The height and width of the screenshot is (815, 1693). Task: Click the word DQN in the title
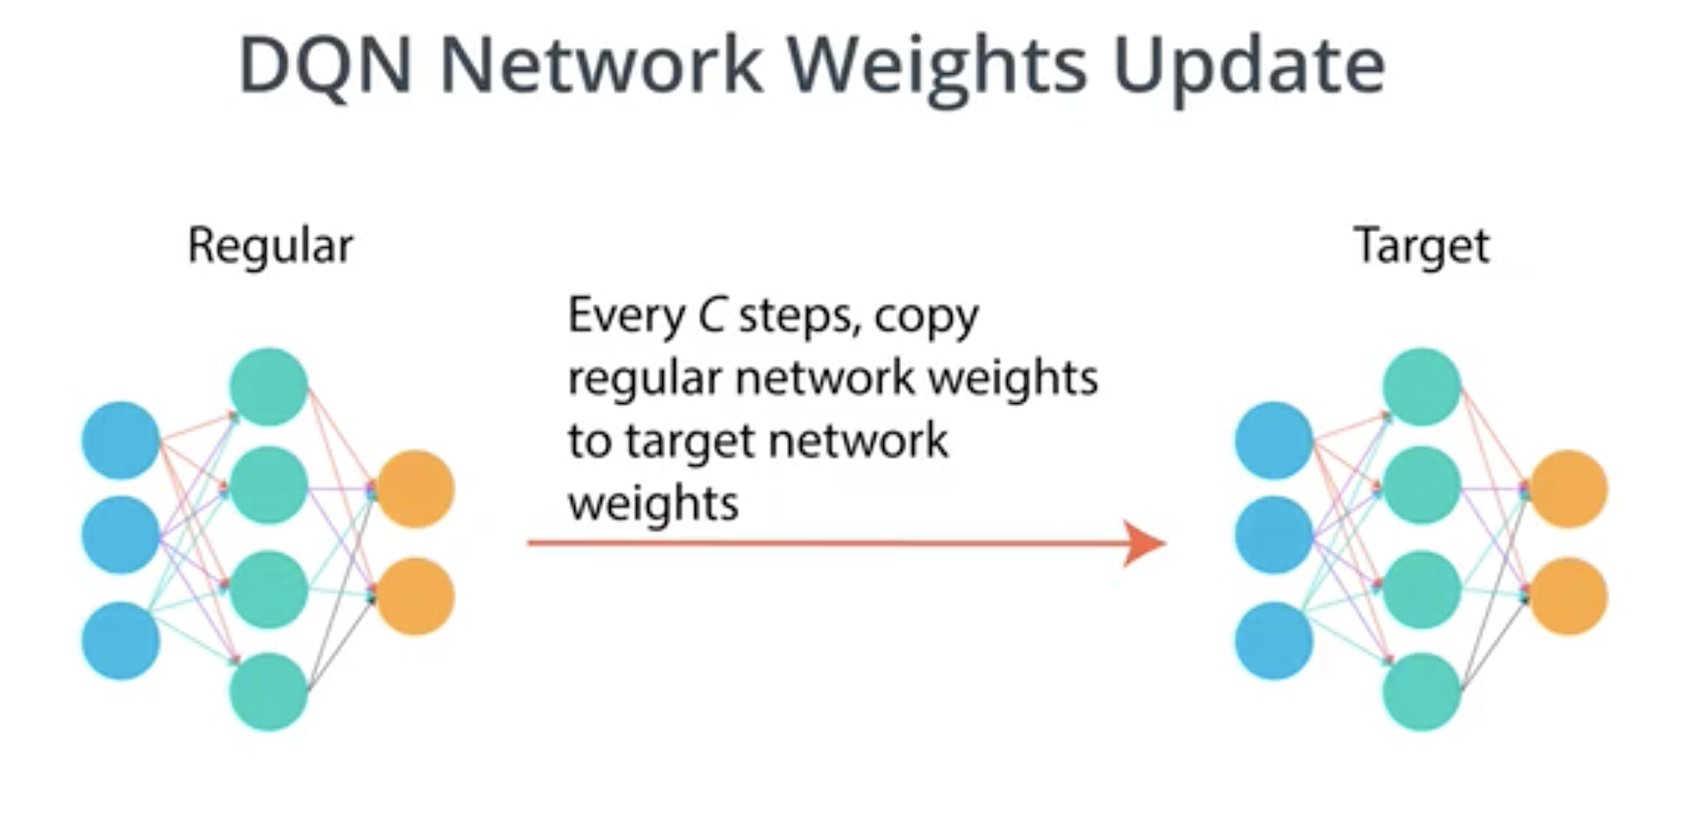325,65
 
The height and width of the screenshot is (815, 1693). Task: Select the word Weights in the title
937,69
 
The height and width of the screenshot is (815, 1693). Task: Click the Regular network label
271,247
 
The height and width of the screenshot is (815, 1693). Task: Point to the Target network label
1422,247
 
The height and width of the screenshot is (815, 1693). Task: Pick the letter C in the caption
711,315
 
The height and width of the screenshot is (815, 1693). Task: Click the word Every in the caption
626,317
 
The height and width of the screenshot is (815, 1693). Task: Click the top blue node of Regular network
120,440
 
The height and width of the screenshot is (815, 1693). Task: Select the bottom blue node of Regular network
120,640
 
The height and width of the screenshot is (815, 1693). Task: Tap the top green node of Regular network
268,387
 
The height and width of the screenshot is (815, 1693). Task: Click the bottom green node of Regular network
268,691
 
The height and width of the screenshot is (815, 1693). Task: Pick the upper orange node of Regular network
415,489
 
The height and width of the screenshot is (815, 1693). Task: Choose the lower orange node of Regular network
415,597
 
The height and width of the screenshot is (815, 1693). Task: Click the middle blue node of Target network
1274,535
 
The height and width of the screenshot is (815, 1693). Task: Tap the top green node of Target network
1422,387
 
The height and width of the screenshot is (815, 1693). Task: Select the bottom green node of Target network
1422,691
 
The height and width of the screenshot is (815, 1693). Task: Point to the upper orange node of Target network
1569,489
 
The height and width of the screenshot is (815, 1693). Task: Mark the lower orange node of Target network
1569,597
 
